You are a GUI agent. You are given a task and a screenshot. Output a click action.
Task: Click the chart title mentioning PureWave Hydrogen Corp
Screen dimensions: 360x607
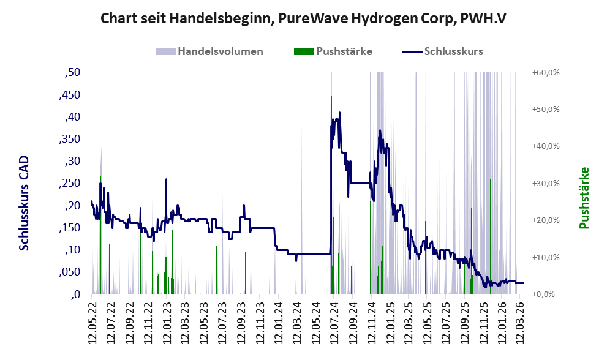tap(303, 18)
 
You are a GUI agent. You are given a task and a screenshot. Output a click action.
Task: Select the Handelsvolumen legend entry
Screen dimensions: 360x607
tap(220, 51)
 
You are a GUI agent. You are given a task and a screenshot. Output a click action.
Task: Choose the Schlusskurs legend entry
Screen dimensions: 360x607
tap(453, 51)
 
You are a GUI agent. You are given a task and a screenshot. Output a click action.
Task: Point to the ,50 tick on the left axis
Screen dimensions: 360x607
tap(72, 73)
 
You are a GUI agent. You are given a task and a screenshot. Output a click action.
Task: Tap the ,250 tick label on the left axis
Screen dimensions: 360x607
tap(69, 184)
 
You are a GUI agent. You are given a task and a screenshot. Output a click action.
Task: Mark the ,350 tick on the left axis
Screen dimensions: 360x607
tap(69, 140)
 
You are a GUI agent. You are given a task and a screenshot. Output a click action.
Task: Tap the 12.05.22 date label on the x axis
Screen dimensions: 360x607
tap(93, 321)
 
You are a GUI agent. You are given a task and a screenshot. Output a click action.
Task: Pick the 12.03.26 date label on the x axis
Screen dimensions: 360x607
tap(520, 321)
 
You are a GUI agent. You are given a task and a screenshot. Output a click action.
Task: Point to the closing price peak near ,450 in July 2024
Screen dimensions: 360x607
tap(331, 97)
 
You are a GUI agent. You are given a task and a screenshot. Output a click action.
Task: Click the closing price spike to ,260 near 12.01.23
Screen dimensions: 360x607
tap(166, 179)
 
